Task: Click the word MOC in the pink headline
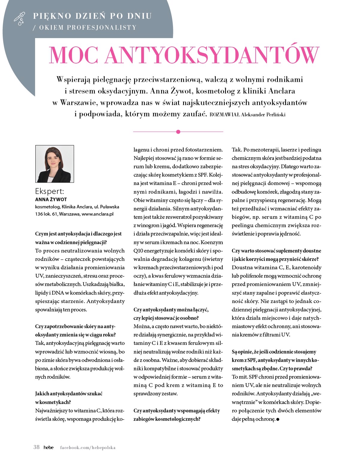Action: [74, 55]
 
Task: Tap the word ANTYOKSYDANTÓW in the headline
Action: [212, 55]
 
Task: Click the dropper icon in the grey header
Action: [19, 19]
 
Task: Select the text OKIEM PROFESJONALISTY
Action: [88, 28]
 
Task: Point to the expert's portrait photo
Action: [54, 164]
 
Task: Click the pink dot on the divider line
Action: [178, 132]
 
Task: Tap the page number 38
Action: [37, 447]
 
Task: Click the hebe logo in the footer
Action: [48, 447]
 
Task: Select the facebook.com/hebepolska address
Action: [88, 447]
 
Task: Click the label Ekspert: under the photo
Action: [49, 191]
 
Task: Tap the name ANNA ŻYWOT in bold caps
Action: [51, 199]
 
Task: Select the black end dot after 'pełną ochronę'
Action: [278, 420]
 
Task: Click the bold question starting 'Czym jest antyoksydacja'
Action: [78, 234]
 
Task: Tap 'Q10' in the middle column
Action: [139, 251]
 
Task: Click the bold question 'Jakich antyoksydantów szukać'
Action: [69, 394]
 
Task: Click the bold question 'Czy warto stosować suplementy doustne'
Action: [276, 251]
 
